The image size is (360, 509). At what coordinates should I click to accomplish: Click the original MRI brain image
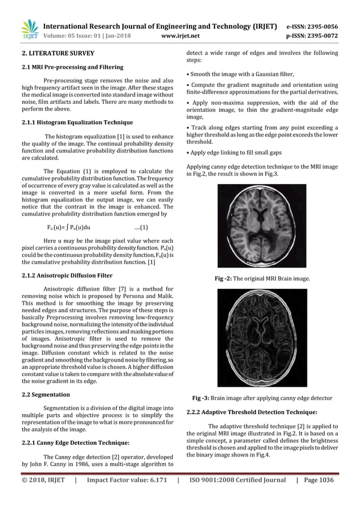click(x=262, y=225)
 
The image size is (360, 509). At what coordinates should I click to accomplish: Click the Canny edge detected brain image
click(x=262, y=337)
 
